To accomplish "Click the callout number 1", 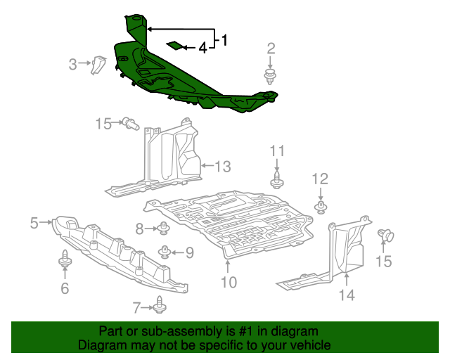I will coord(224,40).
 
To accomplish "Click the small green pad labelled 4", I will coord(173,46).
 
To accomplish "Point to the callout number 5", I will coord(34,223).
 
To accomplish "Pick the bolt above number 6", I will coord(65,261).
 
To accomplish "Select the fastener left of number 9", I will coord(165,251).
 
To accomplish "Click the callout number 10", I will coord(229,283).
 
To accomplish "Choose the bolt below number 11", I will coord(277,179).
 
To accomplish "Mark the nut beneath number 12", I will coord(321,206).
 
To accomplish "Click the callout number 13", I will coord(221,167).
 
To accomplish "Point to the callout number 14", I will coord(347,295).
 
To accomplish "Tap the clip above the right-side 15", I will coord(385,236).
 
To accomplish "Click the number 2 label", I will coord(271,49).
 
